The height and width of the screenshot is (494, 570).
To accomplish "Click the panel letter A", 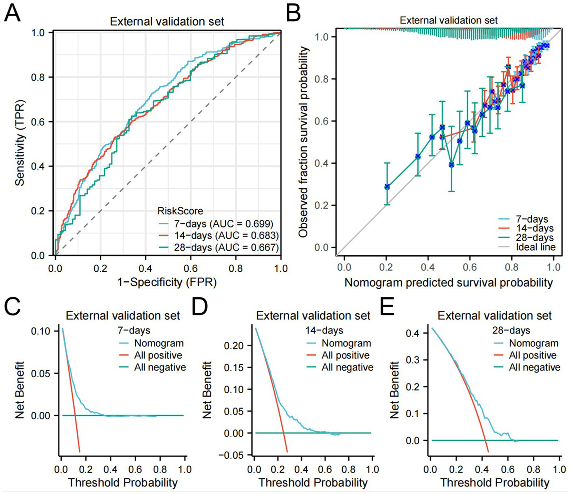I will [12, 14].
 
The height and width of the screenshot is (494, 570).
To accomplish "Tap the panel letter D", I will [200, 307].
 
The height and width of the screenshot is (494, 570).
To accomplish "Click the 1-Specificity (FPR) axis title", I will [167, 282].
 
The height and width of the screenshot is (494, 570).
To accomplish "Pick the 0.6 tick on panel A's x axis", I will [190, 268].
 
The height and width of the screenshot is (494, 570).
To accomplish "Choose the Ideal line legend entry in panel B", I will [535, 247].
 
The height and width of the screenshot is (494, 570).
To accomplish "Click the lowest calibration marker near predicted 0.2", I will [387, 187].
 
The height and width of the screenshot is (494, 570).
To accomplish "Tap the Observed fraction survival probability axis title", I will [303, 142].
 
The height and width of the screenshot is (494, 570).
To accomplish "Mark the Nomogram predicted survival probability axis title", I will [449, 282].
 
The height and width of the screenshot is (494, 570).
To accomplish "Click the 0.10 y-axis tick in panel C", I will [41, 331].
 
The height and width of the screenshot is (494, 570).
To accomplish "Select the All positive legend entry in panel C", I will [158, 355].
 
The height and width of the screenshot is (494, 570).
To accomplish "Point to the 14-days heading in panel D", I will [324, 330].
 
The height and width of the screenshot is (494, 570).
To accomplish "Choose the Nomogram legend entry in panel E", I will [533, 343].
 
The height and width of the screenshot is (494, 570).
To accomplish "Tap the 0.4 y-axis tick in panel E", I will [413, 333].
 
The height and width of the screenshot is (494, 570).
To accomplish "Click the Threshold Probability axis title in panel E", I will [495, 483].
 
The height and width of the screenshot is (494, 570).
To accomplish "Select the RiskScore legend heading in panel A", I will [180, 211].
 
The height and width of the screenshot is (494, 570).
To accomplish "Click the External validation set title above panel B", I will [449, 20].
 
